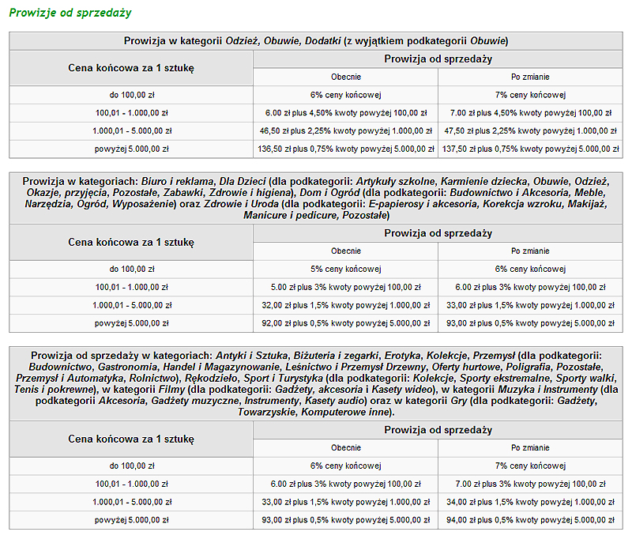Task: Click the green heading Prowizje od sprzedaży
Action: pyautogui.click(x=70, y=13)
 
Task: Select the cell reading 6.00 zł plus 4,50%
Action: pyautogui.click(x=345, y=112)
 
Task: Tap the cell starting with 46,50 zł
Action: pyautogui.click(x=345, y=130)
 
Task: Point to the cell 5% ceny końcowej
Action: pyautogui.click(x=345, y=269)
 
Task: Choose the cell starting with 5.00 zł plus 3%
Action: pyautogui.click(x=345, y=287)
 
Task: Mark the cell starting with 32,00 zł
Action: pyautogui.click(x=345, y=305)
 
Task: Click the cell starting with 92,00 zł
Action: pyautogui.click(x=345, y=323)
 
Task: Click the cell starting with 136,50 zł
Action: pyautogui.click(x=345, y=148)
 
